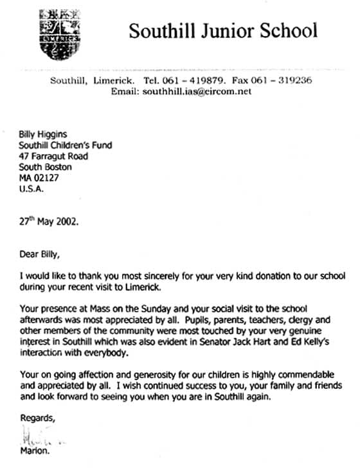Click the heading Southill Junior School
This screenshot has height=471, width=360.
222,30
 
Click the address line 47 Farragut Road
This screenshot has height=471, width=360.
53,156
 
